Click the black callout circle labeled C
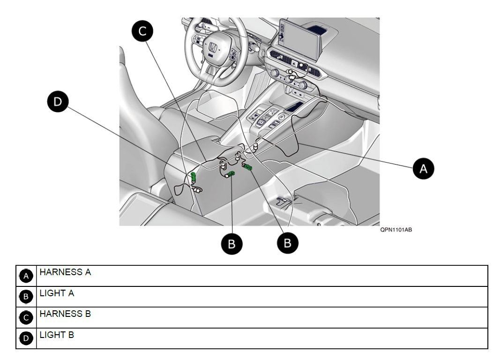click(142, 31)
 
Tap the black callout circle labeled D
click(58, 102)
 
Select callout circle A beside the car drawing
click(423, 168)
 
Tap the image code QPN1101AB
click(396, 230)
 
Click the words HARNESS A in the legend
click(65, 272)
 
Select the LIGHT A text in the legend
click(57, 293)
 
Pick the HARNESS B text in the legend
click(65, 314)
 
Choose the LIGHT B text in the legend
click(57, 335)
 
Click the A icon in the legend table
click(26, 276)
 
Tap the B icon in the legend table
click(26, 297)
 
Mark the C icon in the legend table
click(26, 317)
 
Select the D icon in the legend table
click(26, 338)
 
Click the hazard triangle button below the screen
click(294, 62)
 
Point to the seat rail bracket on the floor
click(284, 201)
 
